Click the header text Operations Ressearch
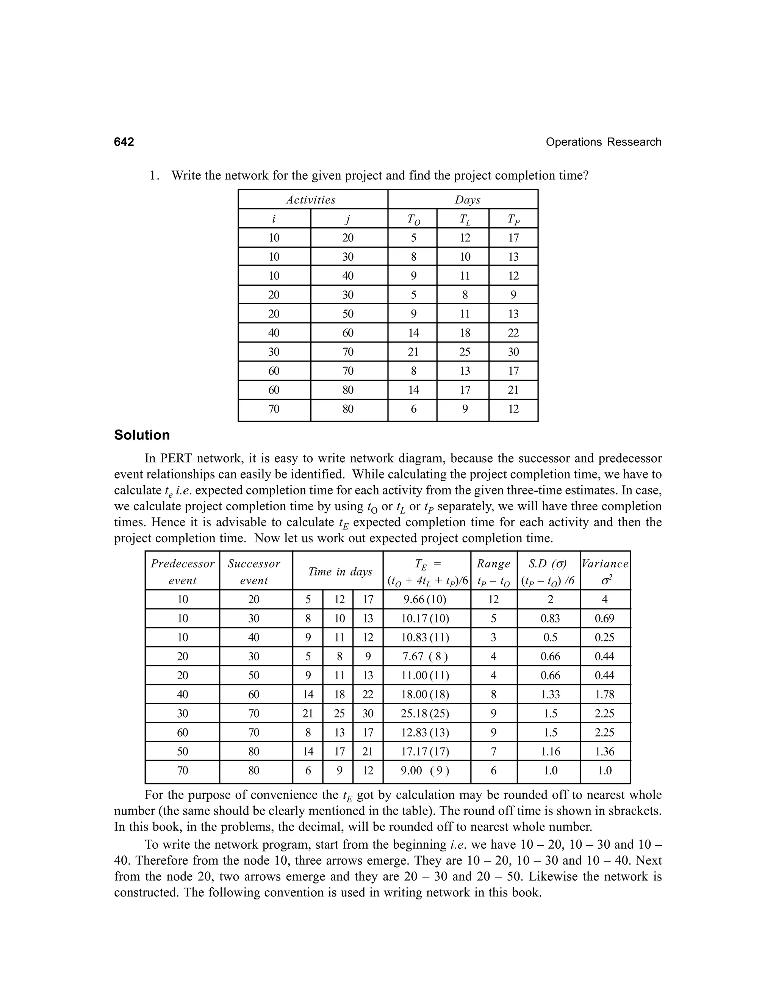coord(603,142)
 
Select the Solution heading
coord(142,435)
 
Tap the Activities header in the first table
coord(311,200)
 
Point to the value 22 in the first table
coord(513,333)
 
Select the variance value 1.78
coord(604,694)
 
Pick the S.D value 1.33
coord(550,694)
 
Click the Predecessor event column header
coord(183,571)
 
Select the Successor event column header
coord(254,571)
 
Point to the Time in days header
coord(340,571)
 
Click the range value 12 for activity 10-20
coord(493,599)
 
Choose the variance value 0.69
coord(604,618)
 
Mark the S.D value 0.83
coord(550,618)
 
